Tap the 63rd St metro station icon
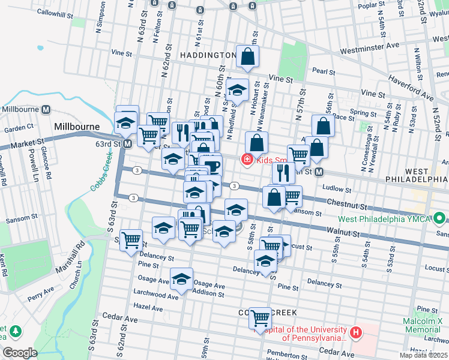tap(127, 144)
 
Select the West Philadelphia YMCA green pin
tap(441, 218)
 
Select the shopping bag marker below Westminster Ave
tap(247, 57)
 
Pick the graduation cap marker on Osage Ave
tap(181, 278)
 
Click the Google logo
tap(20, 353)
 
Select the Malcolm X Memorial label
tap(422, 325)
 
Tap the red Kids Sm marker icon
tap(246, 160)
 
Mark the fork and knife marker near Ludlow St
tap(283, 173)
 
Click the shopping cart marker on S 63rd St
tap(131, 240)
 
